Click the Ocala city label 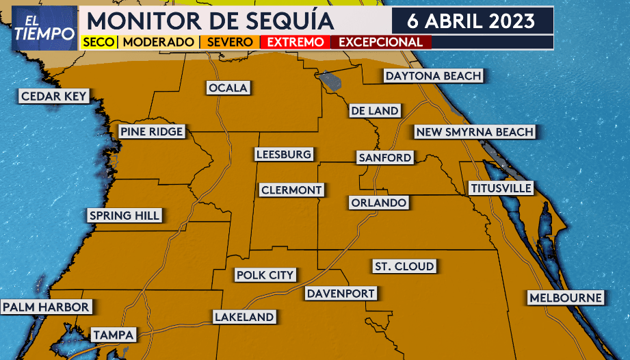click(228, 88)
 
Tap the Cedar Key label click(54, 97)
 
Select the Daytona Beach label click(433, 75)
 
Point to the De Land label click(374, 110)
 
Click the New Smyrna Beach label click(474, 131)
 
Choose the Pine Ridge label click(151, 131)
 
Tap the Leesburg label click(283, 155)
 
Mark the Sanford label click(385, 157)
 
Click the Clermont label click(291, 190)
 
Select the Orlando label click(379, 203)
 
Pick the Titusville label click(501, 188)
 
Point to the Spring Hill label click(124, 216)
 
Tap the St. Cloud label click(404, 266)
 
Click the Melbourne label click(566, 298)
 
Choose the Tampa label click(114, 335)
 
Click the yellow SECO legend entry click(99, 42)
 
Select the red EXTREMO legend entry click(296, 42)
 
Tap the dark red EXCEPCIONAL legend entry click(380, 42)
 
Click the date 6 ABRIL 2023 click(471, 20)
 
